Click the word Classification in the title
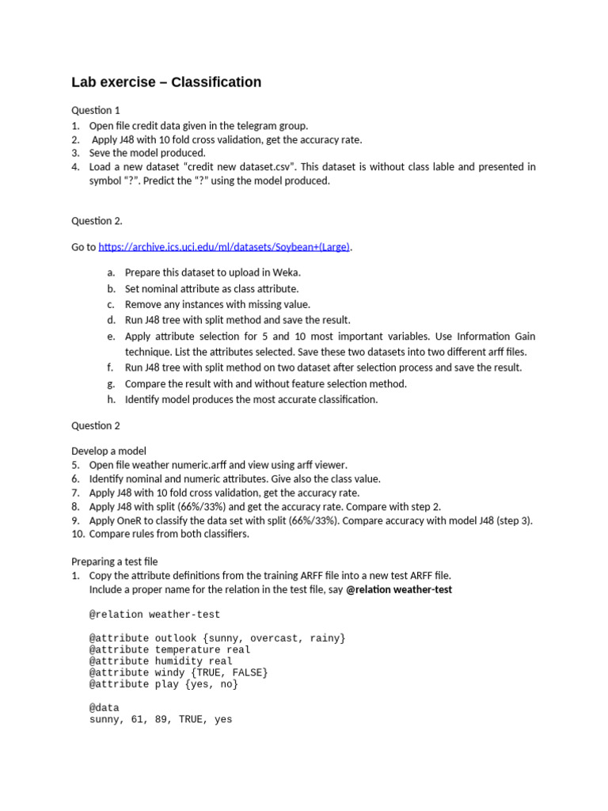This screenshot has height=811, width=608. click(216, 82)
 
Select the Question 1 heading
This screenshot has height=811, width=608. click(96, 110)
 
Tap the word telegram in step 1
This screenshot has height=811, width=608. click(237, 125)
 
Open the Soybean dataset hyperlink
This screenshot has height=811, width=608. click(224, 247)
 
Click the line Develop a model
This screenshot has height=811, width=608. click(108, 451)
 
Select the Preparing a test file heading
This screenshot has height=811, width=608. click(115, 562)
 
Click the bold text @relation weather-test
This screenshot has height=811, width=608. click(399, 590)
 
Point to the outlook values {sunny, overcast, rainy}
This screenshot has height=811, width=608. click(269, 638)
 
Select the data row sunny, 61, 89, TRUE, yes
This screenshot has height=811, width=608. click(161, 720)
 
